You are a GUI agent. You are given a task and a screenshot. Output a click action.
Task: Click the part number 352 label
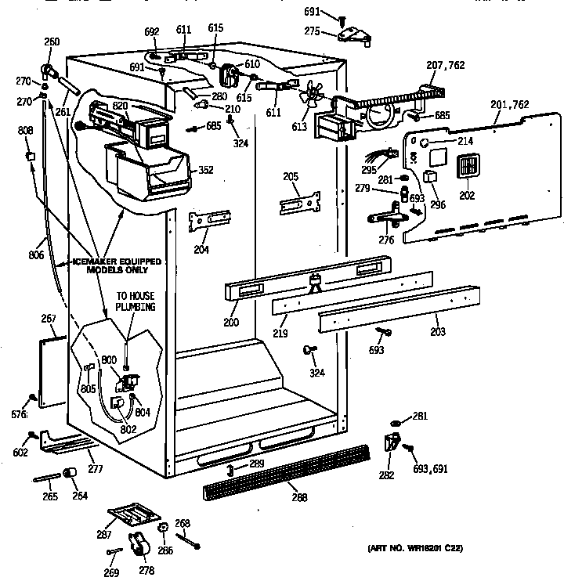[205, 169]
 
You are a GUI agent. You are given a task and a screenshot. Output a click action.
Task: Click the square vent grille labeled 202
[466, 167]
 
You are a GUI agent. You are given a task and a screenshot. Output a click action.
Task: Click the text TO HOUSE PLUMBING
[136, 301]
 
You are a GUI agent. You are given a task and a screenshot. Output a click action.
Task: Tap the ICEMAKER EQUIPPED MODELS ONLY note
[117, 265]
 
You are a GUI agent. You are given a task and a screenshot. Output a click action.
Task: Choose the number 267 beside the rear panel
[49, 319]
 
